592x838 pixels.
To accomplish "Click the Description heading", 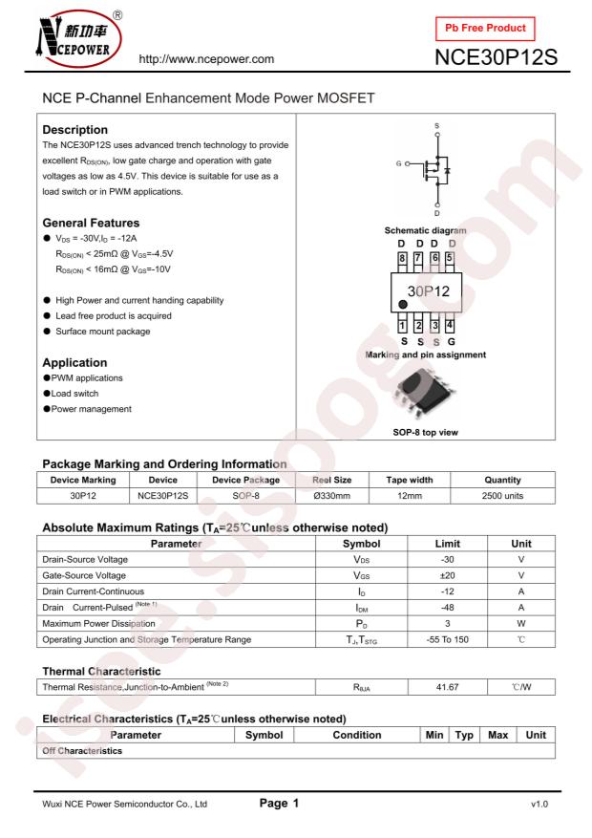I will click(x=78, y=128).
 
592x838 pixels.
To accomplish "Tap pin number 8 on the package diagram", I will click(x=402, y=258).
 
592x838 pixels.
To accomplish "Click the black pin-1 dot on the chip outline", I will click(x=404, y=305).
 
